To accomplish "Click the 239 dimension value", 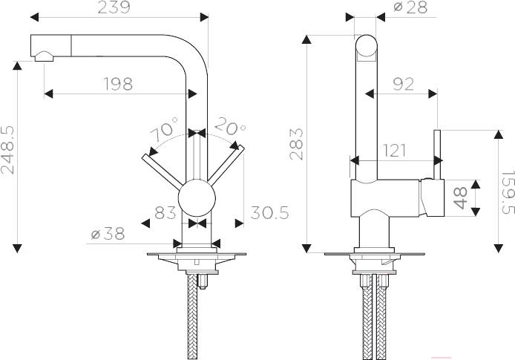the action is (114, 7).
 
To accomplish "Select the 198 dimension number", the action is (118, 84).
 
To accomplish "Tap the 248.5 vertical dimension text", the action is (7, 150).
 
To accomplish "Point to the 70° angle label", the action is (164, 128).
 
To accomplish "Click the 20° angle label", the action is (230, 126).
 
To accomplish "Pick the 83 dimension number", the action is (165, 212).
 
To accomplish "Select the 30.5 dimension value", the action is (269, 213).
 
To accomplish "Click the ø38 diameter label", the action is (108, 234).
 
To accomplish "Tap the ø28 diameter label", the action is (410, 7).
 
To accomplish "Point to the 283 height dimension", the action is (297, 144).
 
